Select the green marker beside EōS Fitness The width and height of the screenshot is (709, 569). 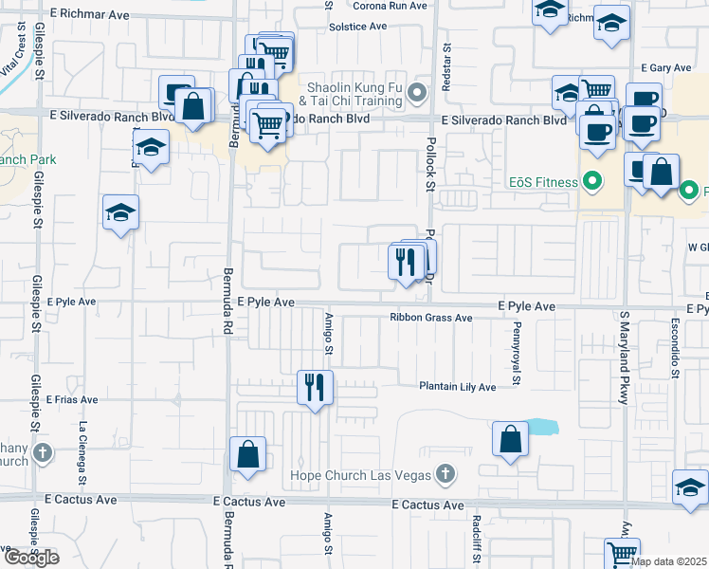tap(593, 179)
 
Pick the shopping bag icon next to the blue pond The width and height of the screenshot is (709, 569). tap(510, 439)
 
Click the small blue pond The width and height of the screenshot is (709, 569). tap(539, 427)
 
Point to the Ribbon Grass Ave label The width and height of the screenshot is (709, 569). tap(430, 319)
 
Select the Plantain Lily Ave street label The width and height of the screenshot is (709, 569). tap(459, 387)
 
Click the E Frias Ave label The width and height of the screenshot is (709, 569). tap(71, 400)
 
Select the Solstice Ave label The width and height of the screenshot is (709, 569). tap(358, 27)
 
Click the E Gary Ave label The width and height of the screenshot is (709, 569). tap(666, 68)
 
